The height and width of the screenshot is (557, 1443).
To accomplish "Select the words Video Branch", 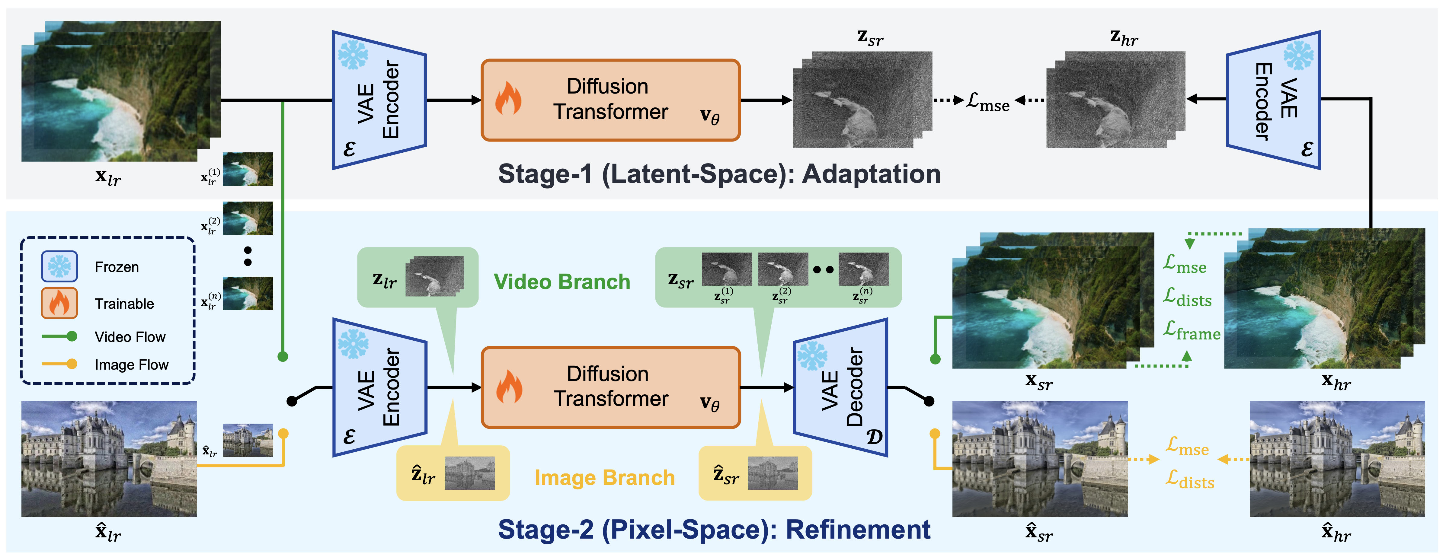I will click(x=562, y=282).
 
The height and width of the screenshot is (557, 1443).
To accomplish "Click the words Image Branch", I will click(x=604, y=478).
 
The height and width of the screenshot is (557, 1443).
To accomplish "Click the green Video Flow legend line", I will click(x=59, y=336).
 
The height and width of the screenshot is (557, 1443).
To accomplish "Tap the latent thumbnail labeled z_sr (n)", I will click(x=863, y=269).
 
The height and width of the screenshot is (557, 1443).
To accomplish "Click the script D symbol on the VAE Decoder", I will click(x=874, y=437).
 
